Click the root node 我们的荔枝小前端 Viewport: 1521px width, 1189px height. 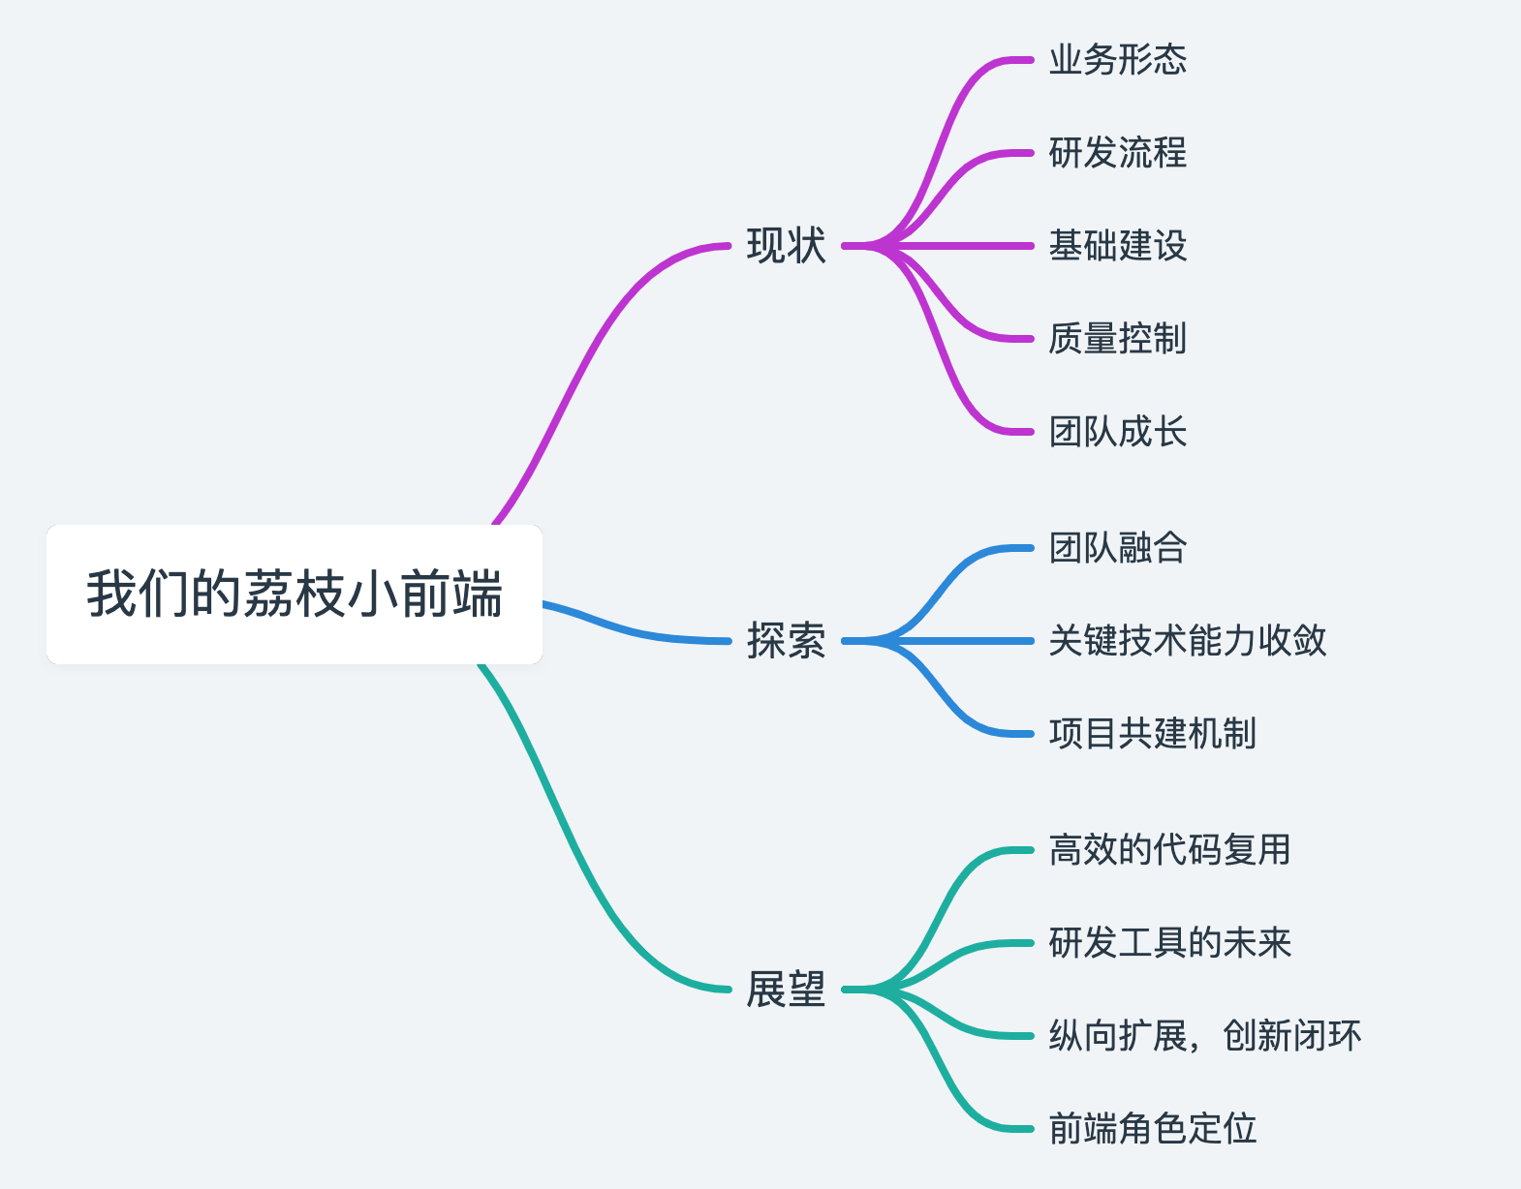click(295, 594)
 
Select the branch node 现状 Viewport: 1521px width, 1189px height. click(786, 246)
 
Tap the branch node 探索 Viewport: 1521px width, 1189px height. click(786, 641)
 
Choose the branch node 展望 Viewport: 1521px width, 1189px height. click(786, 990)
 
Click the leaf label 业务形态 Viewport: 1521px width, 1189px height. click(1117, 60)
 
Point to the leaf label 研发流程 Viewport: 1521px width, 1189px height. click(1117, 153)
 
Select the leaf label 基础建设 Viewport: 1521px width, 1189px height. click(1117, 246)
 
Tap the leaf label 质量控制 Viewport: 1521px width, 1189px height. click(1117, 339)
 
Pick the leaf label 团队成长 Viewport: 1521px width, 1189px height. click(1117, 432)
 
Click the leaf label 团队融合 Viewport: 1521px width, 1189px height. click(1117, 548)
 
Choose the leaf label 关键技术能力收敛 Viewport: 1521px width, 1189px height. click(1187, 641)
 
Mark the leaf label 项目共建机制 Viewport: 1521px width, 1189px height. click(1152, 734)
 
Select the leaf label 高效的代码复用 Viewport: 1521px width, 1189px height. click(1169, 850)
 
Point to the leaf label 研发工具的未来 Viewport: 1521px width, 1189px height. click(1169, 943)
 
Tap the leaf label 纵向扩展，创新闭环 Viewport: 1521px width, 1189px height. click(1204, 1036)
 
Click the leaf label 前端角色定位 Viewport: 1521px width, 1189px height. click(1152, 1129)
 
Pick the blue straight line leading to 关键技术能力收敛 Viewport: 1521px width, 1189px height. click(959, 641)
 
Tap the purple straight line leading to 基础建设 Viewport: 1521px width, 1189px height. click(959, 246)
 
